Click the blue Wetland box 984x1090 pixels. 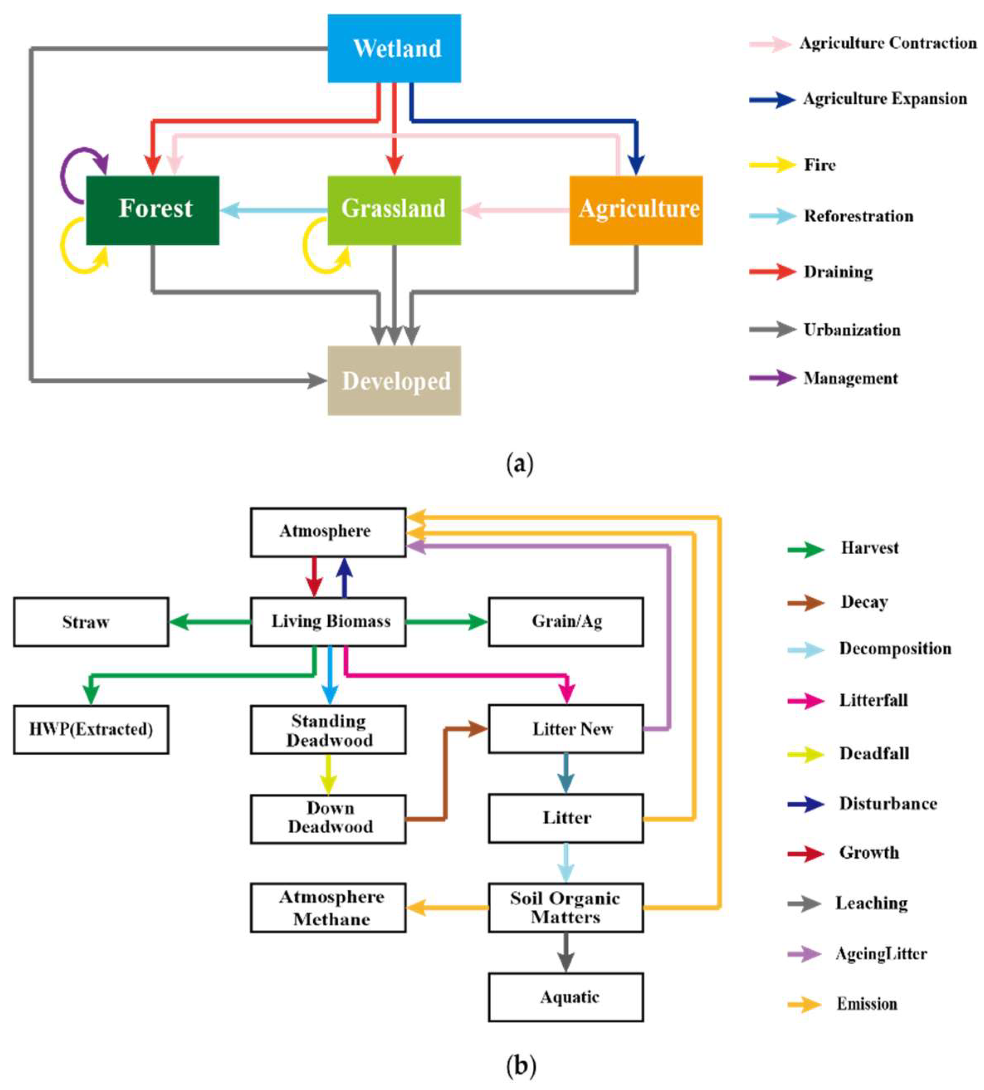(x=394, y=48)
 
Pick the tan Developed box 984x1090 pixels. (x=394, y=381)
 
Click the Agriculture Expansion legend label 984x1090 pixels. (x=884, y=99)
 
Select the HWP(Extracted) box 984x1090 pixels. (x=91, y=729)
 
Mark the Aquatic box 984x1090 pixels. (x=566, y=997)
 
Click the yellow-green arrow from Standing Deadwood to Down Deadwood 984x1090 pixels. (x=328, y=774)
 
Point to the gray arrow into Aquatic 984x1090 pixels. (x=566, y=952)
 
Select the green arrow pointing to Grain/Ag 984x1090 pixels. (x=447, y=622)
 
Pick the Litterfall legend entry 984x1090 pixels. (x=873, y=701)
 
